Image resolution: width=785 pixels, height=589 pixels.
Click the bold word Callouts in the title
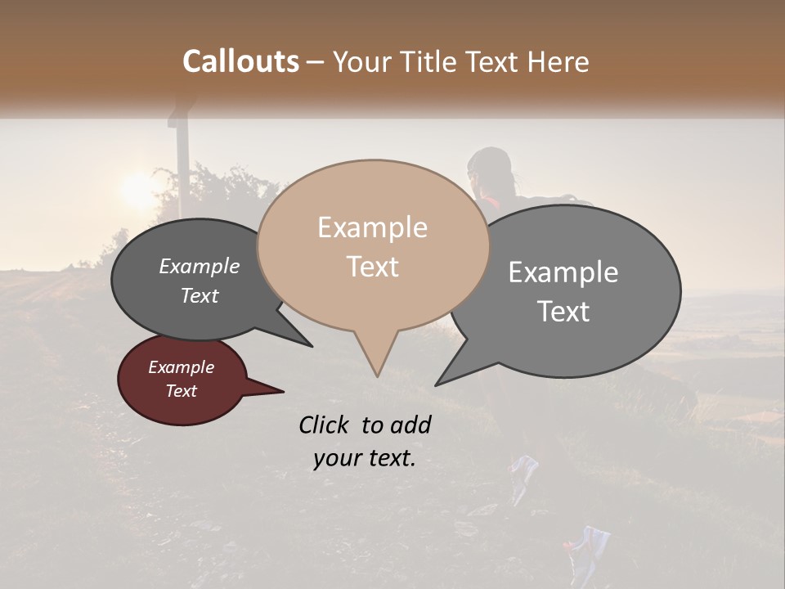(240, 61)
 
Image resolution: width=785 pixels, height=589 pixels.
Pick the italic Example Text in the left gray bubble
(200, 281)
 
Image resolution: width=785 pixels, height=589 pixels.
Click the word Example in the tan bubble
(372, 227)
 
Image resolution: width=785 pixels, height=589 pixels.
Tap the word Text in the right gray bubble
(563, 312)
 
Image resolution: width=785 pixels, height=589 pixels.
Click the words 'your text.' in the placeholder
(364, 458)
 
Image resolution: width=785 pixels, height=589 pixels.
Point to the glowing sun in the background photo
(137, 191)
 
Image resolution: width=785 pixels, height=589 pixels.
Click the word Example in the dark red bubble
(181, 367)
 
